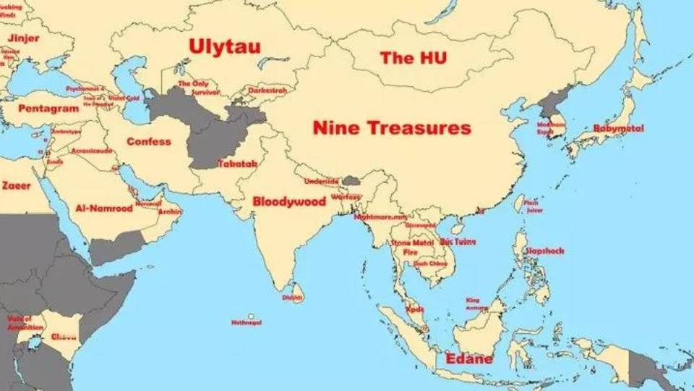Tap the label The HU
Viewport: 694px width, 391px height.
click(414, 59)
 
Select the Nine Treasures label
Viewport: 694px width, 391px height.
click(392, 129)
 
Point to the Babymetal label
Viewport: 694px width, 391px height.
click(618, 128)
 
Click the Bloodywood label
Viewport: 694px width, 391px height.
click(289, 202)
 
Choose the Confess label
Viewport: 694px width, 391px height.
click(149, 141)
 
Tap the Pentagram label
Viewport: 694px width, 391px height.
click(48, 109)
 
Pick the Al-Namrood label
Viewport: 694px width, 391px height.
click(104, 209)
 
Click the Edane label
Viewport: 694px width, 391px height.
click(469, 359)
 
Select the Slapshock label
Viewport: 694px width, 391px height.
click(544, 251)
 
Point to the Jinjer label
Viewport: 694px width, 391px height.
click(25, 38)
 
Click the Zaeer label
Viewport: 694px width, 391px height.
click(17, 186)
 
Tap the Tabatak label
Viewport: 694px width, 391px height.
click(237, 164)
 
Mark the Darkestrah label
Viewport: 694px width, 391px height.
click(267, 91)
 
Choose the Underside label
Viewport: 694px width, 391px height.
click(321, 181)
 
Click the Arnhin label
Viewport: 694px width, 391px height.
click(170, 211)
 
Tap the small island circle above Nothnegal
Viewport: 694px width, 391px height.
click(251, 316)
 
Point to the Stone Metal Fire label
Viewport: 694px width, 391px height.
click(412, 247)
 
